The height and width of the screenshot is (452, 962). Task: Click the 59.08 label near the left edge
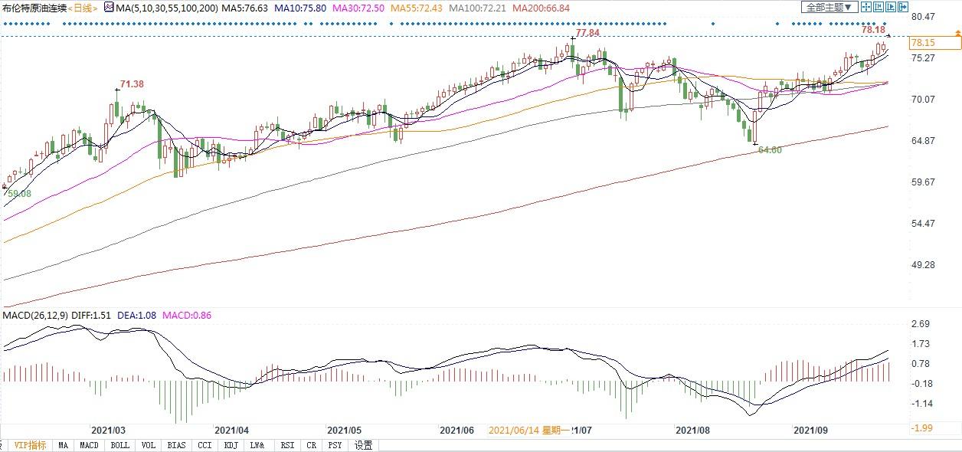(19, 194)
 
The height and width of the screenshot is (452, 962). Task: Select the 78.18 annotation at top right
(873, 30)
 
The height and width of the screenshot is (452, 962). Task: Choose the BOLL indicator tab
(119, 445)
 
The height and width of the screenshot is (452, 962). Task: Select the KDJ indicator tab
(231, 445)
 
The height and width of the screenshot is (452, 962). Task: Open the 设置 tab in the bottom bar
(364, 445)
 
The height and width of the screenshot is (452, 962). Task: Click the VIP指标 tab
(30, 445)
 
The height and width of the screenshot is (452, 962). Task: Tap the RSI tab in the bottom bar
(287, 445)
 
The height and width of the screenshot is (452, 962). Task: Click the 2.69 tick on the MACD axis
(922, 325)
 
